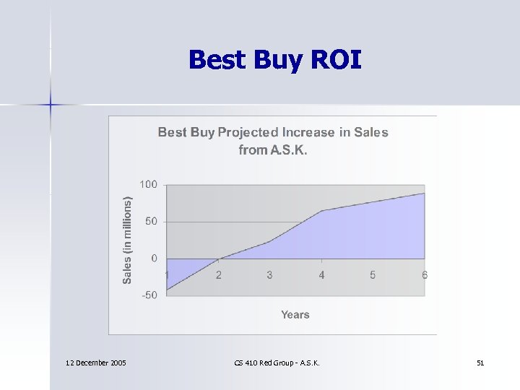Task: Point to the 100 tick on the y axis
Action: [x=148, y=184]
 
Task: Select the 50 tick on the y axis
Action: [x=151, y=221]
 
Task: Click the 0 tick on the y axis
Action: [x=154, y=259]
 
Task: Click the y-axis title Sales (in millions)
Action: [x=127, y=240]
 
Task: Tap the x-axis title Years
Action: [x=295, y=315]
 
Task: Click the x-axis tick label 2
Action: [x=219, y=275]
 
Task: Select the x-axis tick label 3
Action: [x=269, y=275]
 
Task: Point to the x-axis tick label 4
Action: [x=321, y=275]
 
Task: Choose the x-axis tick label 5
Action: [x=373, y=275]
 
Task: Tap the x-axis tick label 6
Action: [x=425, y=275]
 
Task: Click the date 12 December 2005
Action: [x=95, y=363]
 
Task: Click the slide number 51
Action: [x=480, y=363]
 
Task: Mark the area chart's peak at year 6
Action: [x=424, y=194]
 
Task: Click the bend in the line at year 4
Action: [x=321, y=211]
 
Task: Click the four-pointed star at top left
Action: [x=51, y=105]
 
